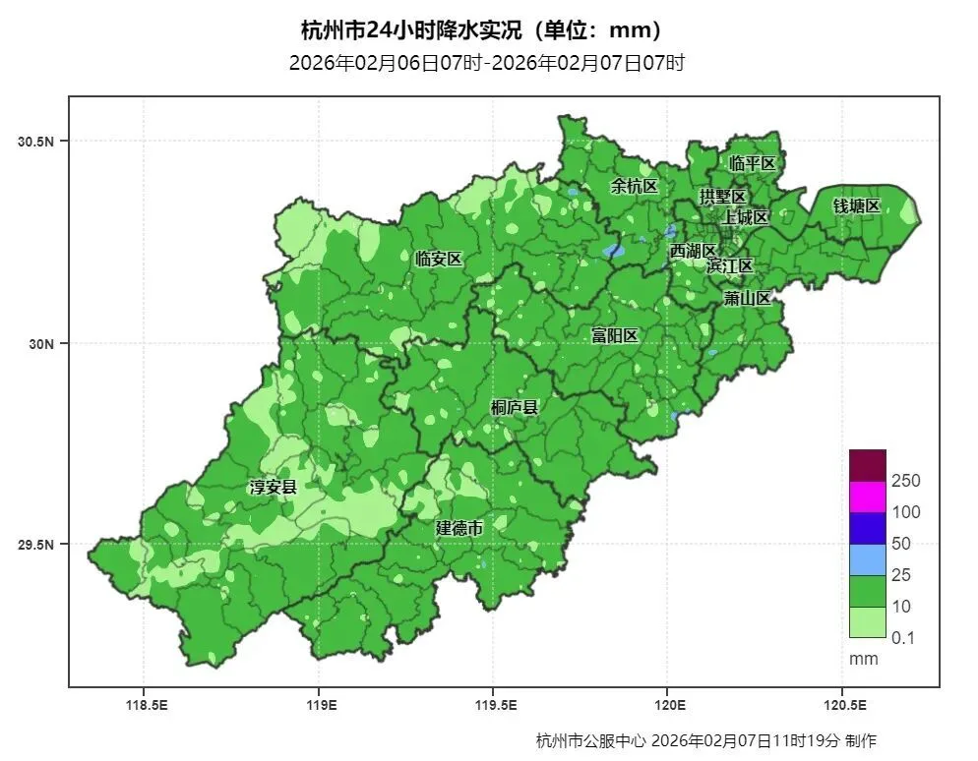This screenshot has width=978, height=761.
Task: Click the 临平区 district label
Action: (753, 163)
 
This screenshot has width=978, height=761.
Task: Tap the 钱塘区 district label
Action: (856, 205)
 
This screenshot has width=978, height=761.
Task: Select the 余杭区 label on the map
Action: (633, 186)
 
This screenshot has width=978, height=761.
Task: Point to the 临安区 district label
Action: (438, 260)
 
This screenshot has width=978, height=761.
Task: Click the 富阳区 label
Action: (614, 335)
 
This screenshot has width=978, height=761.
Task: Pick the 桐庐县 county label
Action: (514, 407)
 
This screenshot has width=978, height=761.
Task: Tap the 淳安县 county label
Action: (273, 487)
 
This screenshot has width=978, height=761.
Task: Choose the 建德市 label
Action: (459, 528)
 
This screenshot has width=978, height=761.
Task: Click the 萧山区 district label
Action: (747, 298)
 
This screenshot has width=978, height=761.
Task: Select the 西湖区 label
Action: (694, 252)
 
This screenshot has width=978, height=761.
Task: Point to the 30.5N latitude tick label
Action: (35, 142)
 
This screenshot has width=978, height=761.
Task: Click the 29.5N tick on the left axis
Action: (35, 546)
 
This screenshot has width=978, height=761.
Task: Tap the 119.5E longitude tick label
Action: (495, 705)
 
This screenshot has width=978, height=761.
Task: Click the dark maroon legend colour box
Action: (867, 464)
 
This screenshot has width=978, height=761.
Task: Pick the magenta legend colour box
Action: (867, 496)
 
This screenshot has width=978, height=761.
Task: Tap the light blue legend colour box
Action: (867, 558)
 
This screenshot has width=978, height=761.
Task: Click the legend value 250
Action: (905, 481)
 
